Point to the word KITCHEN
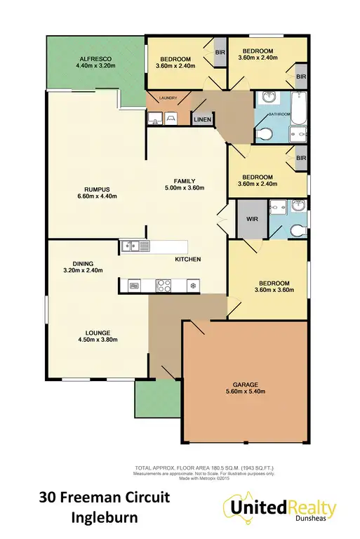coord(187,260)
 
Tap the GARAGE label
coord(245,385)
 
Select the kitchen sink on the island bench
coord(133,246)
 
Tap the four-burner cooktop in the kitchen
coord(165,285)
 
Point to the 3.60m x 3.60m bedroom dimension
coord(271,291)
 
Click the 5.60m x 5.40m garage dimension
coord(245,393)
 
